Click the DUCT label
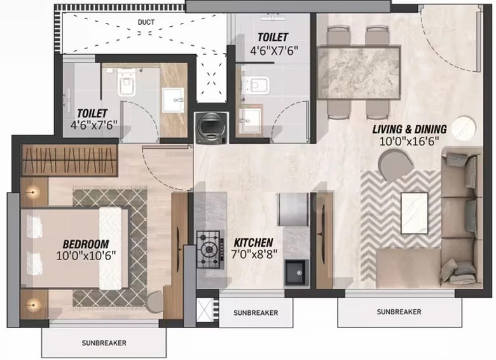click(146, 22)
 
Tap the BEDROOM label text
click(86, 244)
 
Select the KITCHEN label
click(253, 242)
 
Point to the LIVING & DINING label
click(410, 129)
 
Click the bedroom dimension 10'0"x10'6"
click(86, 255)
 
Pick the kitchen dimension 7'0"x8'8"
click(254, 254)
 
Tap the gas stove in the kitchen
click(208, 249)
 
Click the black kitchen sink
click(296, 272)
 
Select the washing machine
click(211, 128)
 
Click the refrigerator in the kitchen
click(293, 209)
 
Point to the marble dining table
click(359, 73)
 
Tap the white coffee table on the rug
click(415, 213)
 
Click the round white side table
click(464, 128)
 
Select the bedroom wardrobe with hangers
click(69, 160)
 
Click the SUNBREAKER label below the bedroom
click(104, 343)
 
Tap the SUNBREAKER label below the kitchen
click(256, 313)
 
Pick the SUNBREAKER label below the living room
click(399, 312)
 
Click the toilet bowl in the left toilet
click(127, 83)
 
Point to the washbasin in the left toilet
click(173, 100)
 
